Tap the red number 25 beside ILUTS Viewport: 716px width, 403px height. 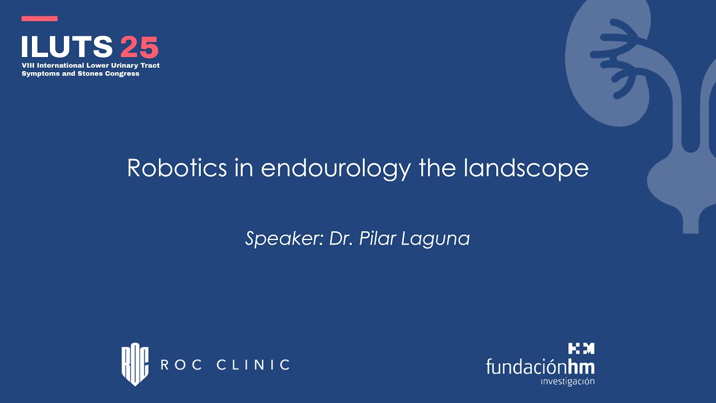(x=139, y=47)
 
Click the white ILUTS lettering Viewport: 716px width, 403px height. (x=67, y=47)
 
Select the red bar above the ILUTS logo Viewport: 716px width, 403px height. (x=40, y=18)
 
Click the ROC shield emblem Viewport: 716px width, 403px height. (x=135, y=365)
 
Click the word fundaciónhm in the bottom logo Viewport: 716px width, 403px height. (x=540, y=367)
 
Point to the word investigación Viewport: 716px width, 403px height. (x=568, y=382)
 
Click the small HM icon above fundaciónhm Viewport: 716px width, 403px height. (x=581, y=349)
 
